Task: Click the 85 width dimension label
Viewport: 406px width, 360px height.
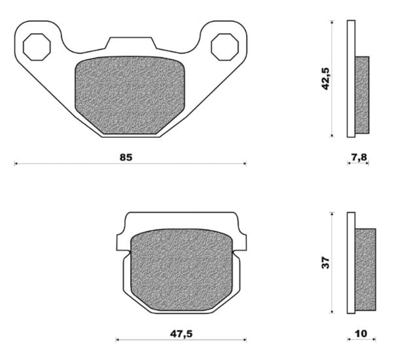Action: point(126,157)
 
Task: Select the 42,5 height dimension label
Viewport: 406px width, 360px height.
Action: point(326,78)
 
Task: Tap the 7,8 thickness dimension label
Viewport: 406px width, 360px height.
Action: point(358,157)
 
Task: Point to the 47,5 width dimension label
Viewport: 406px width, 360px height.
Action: point(181,334)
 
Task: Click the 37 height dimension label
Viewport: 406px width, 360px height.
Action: point(326,262)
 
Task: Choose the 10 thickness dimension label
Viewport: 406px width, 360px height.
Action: point(361,333)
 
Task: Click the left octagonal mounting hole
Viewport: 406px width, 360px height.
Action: point(37,47)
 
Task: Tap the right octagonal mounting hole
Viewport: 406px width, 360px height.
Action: point(225,47)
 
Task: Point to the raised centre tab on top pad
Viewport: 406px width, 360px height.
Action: point(131,43)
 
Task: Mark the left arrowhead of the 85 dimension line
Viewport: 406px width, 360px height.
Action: point(15,163)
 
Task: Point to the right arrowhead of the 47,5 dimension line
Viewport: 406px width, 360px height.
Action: point(245,339)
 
